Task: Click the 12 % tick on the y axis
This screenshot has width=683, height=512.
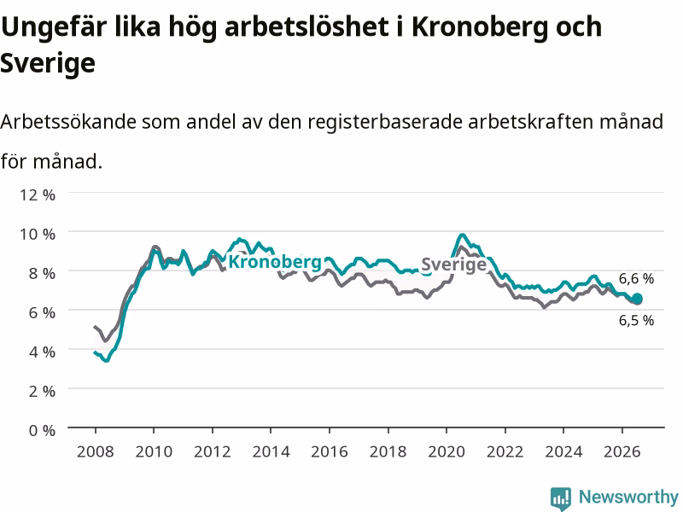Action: tap(38, 195)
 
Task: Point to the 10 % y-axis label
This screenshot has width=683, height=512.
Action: tap(38, 234)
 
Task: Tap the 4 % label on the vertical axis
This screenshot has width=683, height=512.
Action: tap(42, 352)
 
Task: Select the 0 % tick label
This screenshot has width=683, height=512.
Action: tap(42, 431)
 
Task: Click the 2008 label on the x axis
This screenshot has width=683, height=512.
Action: tap(96, 451)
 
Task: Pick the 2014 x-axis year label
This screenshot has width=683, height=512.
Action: tap(271, 451)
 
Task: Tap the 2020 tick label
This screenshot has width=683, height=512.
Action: tap(447, 451)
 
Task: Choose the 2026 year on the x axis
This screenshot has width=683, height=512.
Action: tap(622, 451)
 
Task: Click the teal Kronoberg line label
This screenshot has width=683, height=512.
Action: tap(275, 262)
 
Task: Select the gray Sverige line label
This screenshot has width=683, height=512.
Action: tap(454, 265)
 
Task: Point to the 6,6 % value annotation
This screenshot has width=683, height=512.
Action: tap(636, 279)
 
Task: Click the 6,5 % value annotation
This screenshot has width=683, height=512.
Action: tap(636, 321)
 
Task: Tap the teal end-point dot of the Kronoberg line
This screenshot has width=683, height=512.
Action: tap(637, 299)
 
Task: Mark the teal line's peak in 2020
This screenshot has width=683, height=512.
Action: tap(462, 236)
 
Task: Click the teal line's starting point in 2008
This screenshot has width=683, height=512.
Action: tap(96, 352)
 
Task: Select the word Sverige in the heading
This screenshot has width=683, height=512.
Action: tap(48, 63)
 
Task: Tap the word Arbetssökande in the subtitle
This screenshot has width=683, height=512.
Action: tap(69, 121)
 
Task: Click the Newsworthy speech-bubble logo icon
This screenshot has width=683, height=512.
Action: tap(561, 498)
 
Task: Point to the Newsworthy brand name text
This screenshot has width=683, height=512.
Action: tap(628, 497)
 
